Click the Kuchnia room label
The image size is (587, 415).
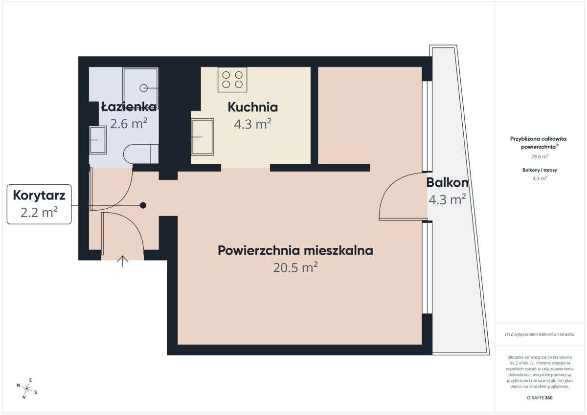tap(253, 107)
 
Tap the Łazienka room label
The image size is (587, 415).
tap(129, 107)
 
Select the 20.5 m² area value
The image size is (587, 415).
tap(295, 267)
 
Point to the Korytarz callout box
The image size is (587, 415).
tap(39, 204)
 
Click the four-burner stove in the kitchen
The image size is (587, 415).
tap(232, 79)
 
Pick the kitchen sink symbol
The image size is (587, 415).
tap(202, 136)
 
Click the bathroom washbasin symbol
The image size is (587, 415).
tap(98, 140)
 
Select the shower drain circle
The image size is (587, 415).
tap(144, 88)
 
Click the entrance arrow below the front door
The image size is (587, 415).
tap(122, 261)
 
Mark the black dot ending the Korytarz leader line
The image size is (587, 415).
tap(143, 205)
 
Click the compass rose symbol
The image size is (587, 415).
tap(27, 389)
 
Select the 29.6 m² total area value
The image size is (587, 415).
tap(540, 156)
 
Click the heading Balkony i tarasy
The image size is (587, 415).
tap(540, 170)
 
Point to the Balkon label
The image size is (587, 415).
tap(447, 183)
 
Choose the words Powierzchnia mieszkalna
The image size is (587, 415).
tap(295, 251)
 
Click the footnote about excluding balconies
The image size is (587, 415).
tap(540, 335)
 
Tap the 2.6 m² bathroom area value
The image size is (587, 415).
tap(129, 123)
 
